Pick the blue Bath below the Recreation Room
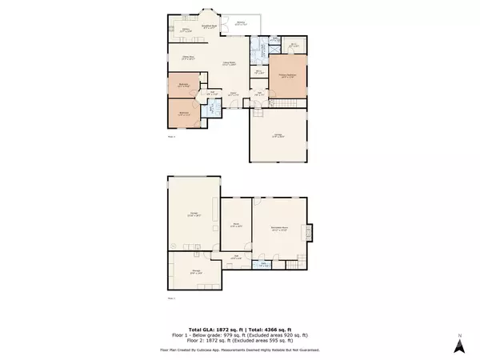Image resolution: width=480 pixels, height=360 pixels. point(265,263)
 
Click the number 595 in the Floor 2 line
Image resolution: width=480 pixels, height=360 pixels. point(270,342)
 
